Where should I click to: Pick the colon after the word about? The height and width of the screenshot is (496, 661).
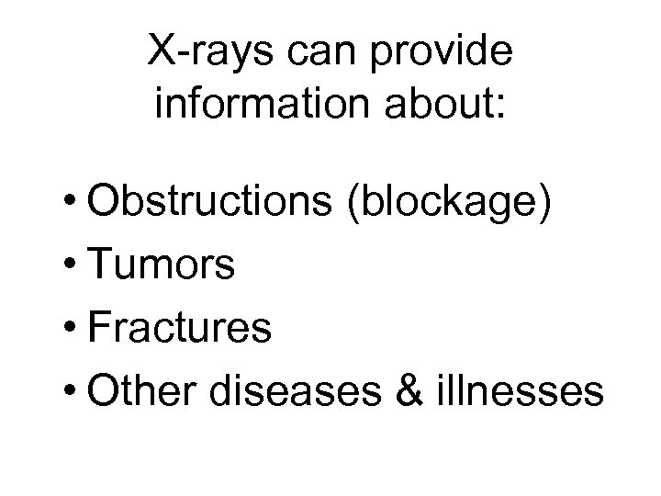(x=500, y=107)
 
